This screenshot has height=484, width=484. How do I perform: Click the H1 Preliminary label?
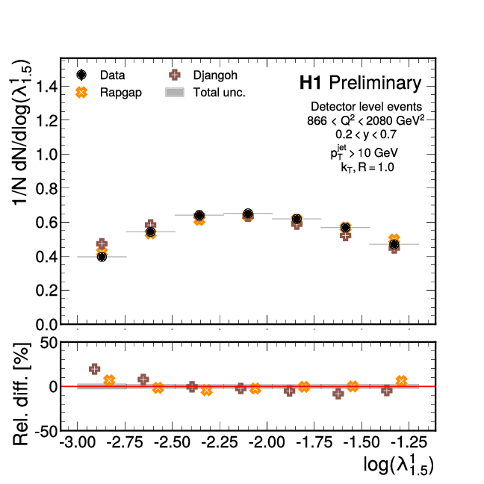coord(359,83)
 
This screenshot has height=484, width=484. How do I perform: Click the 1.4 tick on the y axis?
coord(45,87)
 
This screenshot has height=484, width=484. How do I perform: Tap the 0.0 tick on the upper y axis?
coord(45,324)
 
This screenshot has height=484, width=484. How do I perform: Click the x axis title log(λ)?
coord(399,465)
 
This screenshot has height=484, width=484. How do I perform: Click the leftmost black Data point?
coord(102,257)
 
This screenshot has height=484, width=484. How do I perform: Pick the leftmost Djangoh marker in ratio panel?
coord(94,369)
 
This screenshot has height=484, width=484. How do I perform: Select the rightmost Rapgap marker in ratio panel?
coord(401,381)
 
